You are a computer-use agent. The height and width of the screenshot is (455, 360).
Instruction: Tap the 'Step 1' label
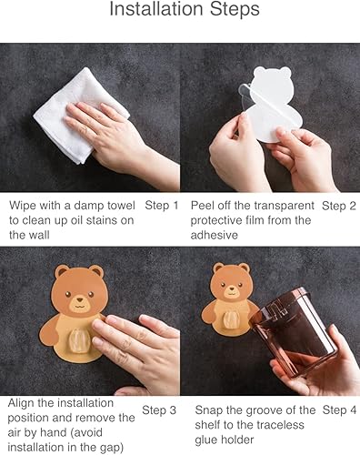[162, 206]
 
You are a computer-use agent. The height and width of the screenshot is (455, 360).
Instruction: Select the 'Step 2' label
[339, 206]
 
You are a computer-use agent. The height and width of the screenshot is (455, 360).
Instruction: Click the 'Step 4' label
[339, 411]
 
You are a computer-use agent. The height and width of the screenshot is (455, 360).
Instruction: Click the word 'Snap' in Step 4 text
[210, 411]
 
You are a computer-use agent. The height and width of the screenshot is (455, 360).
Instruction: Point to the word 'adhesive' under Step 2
[216, 235]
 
